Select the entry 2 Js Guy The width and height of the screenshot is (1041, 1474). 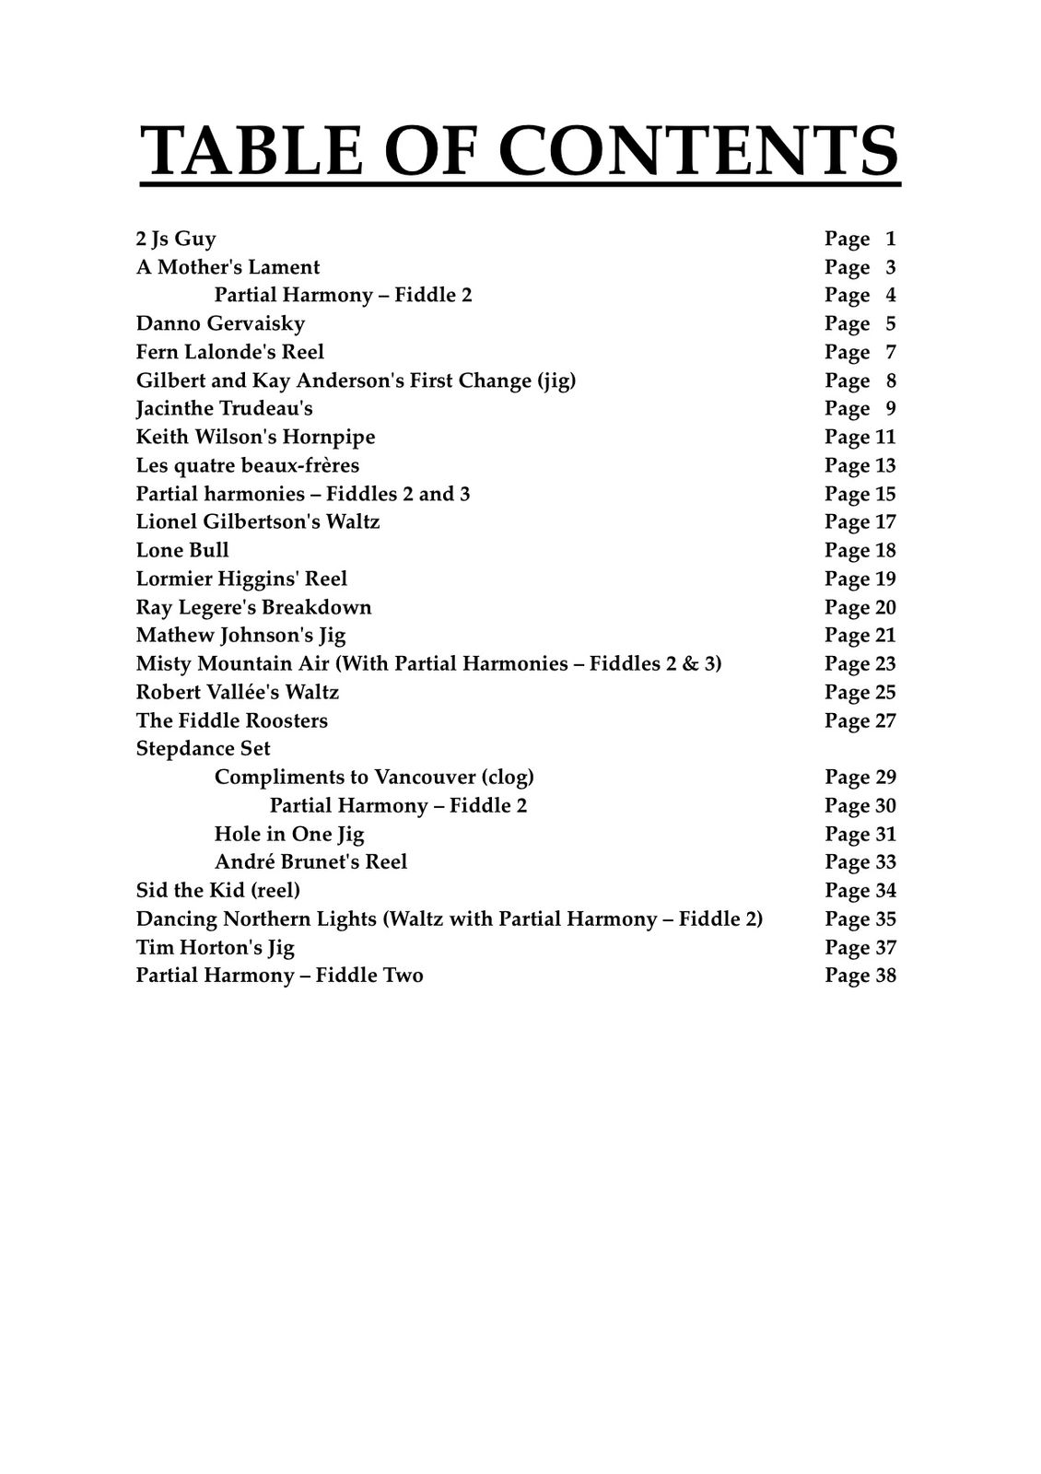click(x=176, y=239)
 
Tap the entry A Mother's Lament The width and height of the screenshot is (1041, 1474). click(x=228, y=267)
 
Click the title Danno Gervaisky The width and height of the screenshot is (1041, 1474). click(x=220, y=323)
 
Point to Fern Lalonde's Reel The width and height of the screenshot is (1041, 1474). click(x=230, y=352)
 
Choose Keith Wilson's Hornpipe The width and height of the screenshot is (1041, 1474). click(x=255, y=437)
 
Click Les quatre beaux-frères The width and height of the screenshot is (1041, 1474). click(x=247, y=465)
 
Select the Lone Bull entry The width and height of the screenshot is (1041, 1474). click(x=182, y=550)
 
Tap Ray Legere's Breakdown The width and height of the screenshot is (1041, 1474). click(x=253, y=607)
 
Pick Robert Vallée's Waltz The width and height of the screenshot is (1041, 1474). click(x=237, y=692)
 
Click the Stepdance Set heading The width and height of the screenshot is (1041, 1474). click(x=203, y=748)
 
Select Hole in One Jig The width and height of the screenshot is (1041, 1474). click(x=289, y=834)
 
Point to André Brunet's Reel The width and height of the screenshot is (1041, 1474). click(x=310, y=861)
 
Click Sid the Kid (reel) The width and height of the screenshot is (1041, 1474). click(x=217, y=890)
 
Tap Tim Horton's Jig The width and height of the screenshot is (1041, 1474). click(x=215, y=947)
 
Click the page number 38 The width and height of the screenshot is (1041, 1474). click(x=885, y=976)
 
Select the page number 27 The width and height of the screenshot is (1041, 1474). click(x=885, y=720)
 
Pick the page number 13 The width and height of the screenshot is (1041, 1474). click(x=885, y=465)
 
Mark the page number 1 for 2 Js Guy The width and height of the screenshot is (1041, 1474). click(x=890, y=239)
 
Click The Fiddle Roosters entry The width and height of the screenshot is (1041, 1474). click(x=231, y=720)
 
